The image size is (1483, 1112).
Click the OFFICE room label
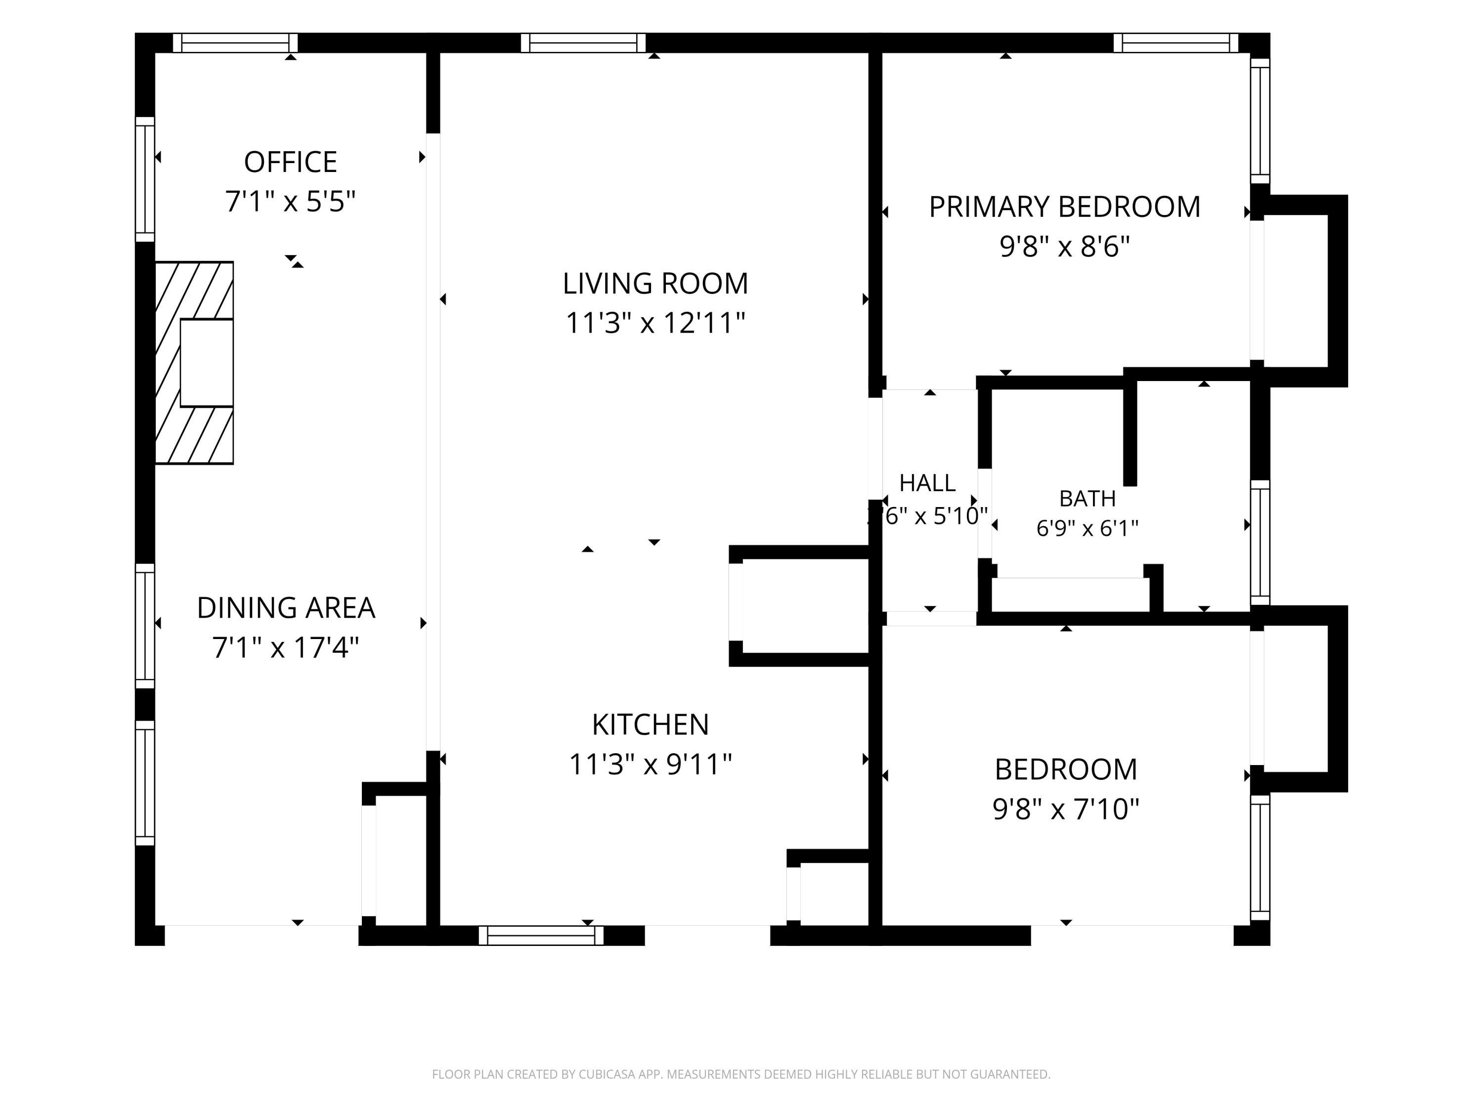click(x=290, y=162)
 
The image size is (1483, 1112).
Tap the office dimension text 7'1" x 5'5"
click(x=290, y=201)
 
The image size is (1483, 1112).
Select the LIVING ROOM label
click(x=655, y=284)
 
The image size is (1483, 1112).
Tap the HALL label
click(x=927, y=482)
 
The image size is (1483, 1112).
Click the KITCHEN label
click(x=651, y=725)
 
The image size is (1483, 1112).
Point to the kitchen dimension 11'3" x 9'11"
click(x=651, y=764)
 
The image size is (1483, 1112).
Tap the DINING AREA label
click(x=286, y=608)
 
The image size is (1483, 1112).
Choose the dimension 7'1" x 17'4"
click(x=286, y=647)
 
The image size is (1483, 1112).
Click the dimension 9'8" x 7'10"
click(x=1066, y=809)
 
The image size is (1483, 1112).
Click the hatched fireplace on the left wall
click(x=194, y=363)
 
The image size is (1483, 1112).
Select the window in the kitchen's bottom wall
click(x=541, y=935)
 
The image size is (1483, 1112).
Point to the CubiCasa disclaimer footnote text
click(x=741, y=1074)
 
